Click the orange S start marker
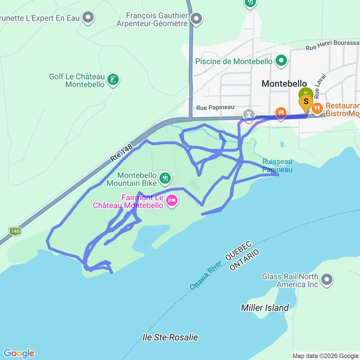(x=306, y=102)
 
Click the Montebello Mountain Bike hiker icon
(x=165, y=179)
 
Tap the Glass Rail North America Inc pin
(x=327, y=279)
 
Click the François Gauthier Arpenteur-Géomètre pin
(x=196, y=20)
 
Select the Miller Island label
(x=265, y=308)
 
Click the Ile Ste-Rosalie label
(x=170, y=337)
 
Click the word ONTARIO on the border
(x=244, y=260)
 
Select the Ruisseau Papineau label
(x=277, y=166)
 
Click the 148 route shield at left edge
(x=15, y=231)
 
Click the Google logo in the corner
(x=19, y=353)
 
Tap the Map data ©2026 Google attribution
(x=324, y=356)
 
